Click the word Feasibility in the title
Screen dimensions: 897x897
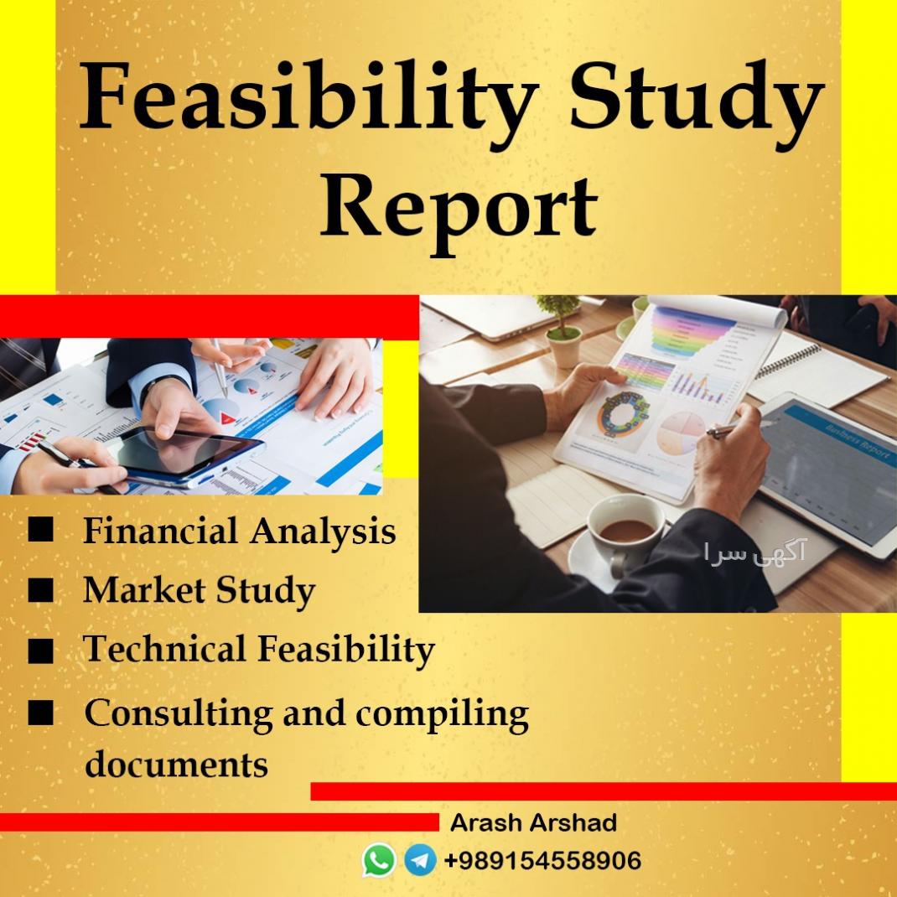(309, 97)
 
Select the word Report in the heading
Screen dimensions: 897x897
(459, 213)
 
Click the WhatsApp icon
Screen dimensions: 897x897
(379, 860)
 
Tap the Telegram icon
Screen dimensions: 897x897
(421, 860)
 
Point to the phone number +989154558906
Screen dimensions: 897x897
(542, 860)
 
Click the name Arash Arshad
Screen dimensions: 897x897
(533, 822)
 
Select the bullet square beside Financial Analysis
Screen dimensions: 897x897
(40, 529)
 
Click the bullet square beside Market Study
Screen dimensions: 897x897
(40, 590)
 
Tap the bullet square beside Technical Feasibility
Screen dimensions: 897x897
(40, 651)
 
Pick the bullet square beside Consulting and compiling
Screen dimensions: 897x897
(40, 713)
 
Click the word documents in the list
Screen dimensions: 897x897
(176, 764)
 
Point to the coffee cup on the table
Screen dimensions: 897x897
(625, 535)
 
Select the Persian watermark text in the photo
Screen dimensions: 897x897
(754, 552)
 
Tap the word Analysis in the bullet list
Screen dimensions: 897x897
(323, 531)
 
